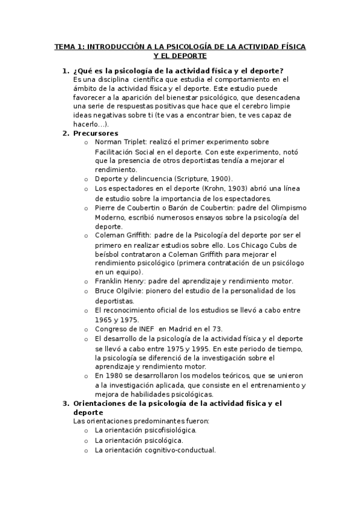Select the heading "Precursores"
[96, 133]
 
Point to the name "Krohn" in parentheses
[211, 189]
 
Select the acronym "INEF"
[138, 329]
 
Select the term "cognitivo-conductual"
[175, 449]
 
